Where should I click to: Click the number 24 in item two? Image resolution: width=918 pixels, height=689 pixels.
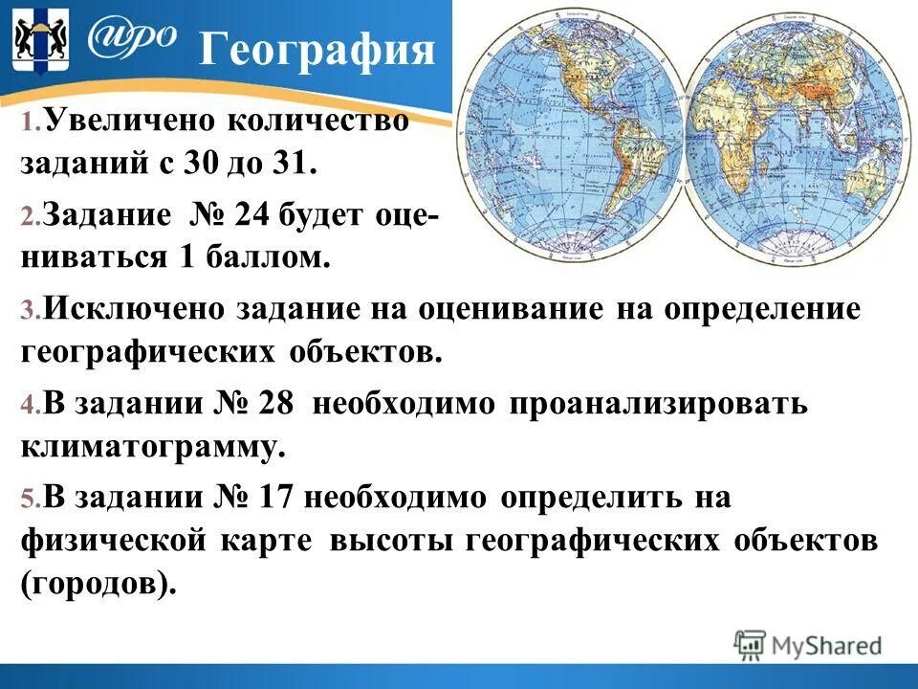click(x=252, y=216)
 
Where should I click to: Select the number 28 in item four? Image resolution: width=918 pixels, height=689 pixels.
click(x=278, y=404)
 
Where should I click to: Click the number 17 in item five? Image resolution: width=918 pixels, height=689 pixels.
click(x=278, y=498)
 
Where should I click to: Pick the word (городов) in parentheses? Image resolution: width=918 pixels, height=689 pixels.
click(x=98, y=583)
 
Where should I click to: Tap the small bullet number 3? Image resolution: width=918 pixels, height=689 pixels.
click(x=30, y=312)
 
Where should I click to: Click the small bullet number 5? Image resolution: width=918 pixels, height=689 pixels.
click(x=30, y=500)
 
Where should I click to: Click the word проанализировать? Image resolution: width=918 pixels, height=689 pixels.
click(x=659, y=404)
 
